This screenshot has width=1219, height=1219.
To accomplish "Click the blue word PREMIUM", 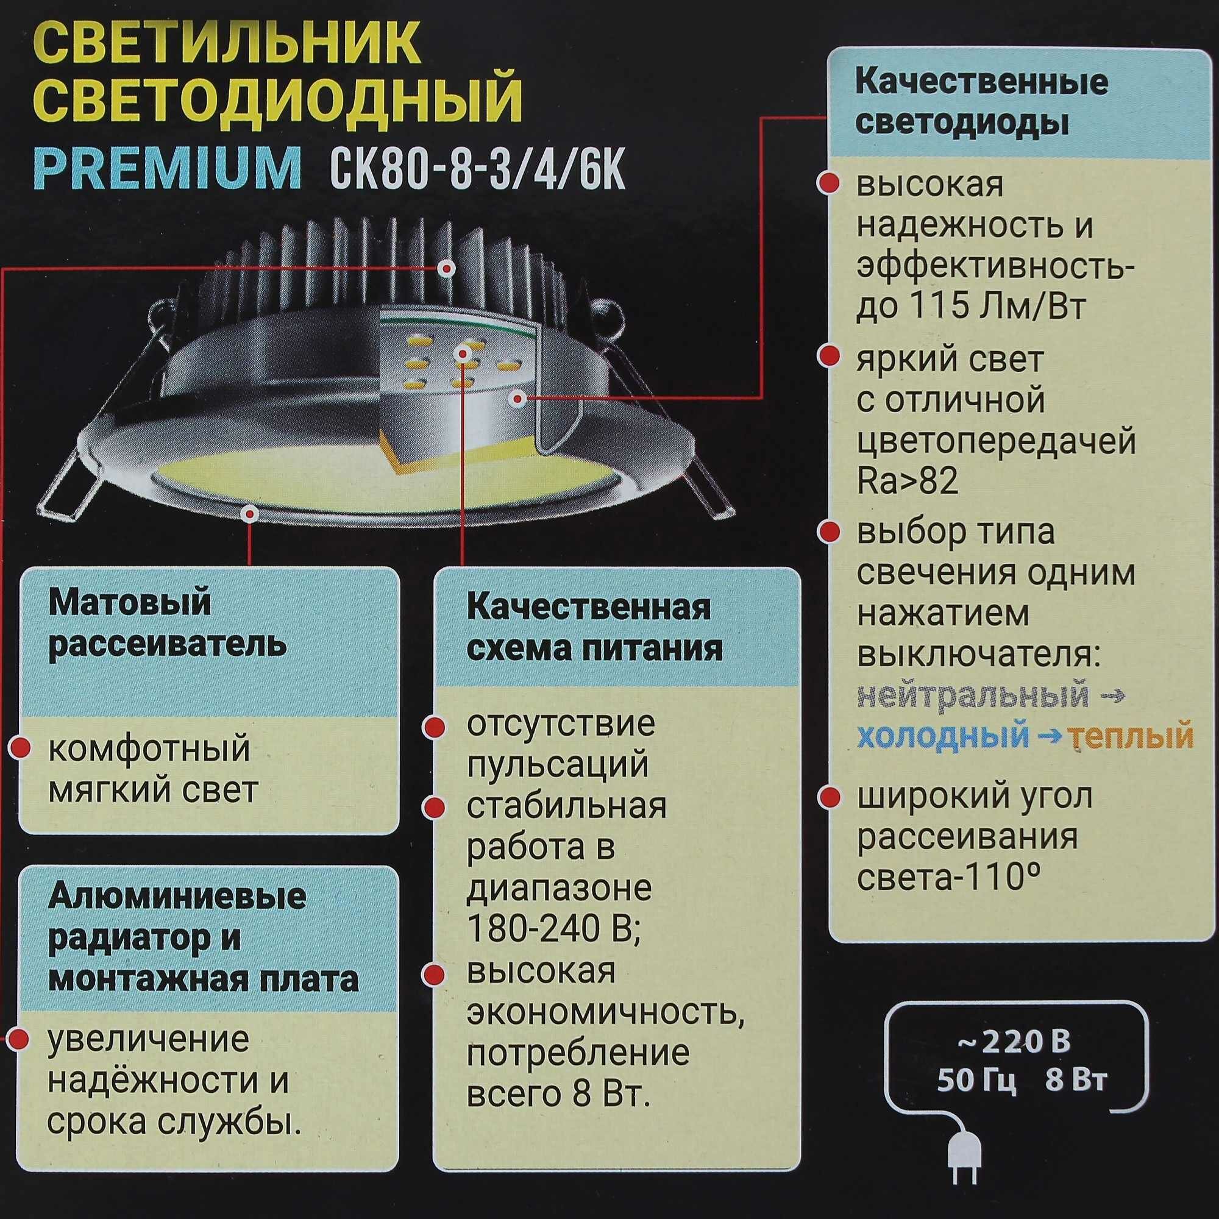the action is pyautogui.click(x=167, y=168).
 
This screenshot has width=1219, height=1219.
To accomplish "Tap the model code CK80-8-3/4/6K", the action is pyautogui.click(x=477, y=168).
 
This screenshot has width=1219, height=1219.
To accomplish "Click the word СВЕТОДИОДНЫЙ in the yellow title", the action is pyautogui.click(x=277, y=99).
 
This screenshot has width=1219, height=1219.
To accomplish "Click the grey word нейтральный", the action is pyautogui.click(x=972, y=695).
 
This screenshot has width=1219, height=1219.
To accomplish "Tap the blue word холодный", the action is pyautogui.click(x=943, y=736).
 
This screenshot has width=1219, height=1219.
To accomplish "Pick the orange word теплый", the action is pyautogui.click(x=1133, y=736).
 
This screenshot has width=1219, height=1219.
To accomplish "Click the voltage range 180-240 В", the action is pyautogui.click(x=553, y=928).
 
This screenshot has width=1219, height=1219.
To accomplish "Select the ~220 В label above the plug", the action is pyautogui.click(x=1014, y=1042).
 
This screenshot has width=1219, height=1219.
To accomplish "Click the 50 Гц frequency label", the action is pyautogui.click(x=976, y=1080).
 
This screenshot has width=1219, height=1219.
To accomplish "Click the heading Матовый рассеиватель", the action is pyautogui.click(x=167, y=624).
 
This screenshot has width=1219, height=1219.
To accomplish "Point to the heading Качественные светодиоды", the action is pyautogui.click(x=981, y=102).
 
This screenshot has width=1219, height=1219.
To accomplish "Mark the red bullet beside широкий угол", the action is pyautogui.click(x=829, y=797).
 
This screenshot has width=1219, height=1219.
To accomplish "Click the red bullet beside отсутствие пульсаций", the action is pyautogui.click(x=433, y=727).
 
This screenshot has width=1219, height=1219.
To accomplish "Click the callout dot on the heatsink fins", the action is pyautogui.click(x=447, y=268).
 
